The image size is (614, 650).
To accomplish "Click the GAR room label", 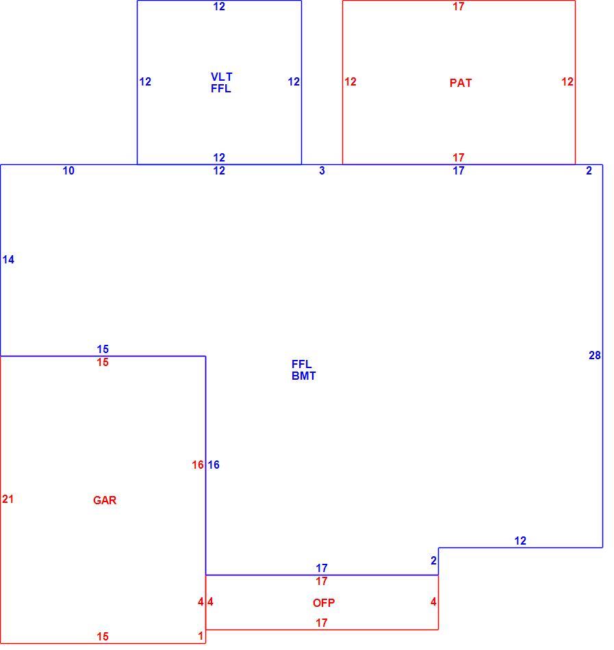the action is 105,500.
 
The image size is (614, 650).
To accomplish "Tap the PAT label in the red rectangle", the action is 461,83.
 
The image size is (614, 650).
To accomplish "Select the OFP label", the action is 324,603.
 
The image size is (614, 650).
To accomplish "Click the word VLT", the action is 222,77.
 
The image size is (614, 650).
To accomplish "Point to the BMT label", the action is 304,376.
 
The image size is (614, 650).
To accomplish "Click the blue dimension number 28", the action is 595,355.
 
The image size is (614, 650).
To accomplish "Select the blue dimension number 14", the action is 8,259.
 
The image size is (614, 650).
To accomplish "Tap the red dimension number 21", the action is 8,499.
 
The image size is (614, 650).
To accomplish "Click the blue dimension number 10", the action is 68,170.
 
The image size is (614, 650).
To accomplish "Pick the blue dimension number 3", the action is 322,170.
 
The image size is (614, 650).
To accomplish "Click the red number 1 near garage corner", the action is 201,636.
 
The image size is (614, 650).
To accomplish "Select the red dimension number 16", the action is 198,465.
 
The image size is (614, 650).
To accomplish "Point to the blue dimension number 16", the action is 214,465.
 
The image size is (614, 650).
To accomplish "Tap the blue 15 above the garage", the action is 103,349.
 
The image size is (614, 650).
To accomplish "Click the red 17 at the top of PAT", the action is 459,6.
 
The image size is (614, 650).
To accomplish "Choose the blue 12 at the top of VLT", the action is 219,6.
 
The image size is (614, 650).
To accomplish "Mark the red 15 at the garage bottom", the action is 103,636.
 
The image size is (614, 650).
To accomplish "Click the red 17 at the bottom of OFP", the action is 322,623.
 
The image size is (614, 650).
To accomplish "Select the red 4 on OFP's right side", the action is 434,601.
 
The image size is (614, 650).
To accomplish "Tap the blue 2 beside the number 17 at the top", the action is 589,170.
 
